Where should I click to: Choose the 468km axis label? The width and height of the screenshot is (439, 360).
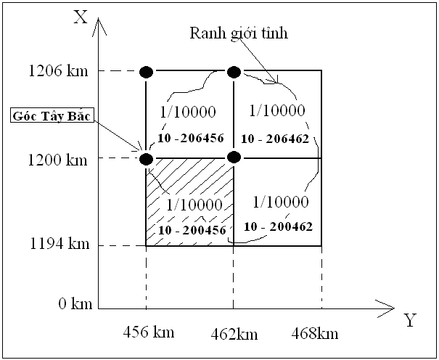pos(314,333)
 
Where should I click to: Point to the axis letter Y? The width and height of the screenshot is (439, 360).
pos(410,320)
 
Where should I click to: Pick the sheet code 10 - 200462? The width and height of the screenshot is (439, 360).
pos(279,226)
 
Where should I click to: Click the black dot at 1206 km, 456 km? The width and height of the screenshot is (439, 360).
pos(146,71)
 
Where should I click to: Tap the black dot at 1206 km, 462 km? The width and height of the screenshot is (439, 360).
pos(234,71)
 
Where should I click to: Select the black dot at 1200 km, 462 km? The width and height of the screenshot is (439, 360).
pos(234,157)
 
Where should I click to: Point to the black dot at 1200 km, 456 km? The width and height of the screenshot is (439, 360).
pos(146,158)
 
